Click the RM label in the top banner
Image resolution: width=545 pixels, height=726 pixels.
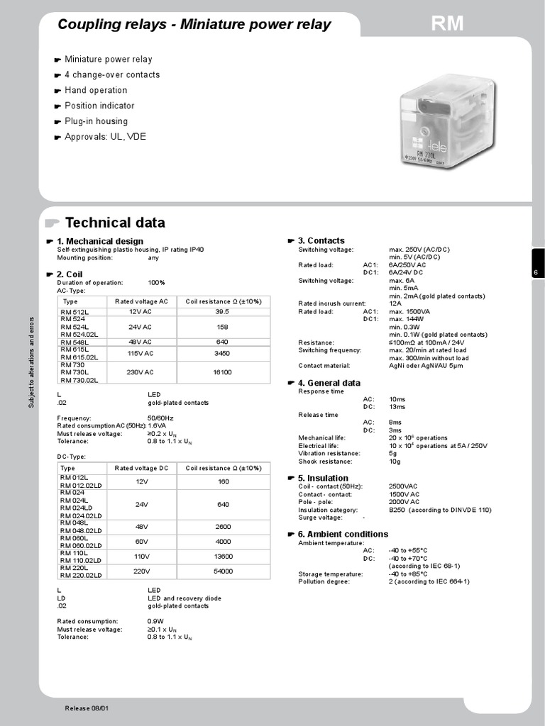point(447,25)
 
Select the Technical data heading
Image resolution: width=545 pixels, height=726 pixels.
point(115,222)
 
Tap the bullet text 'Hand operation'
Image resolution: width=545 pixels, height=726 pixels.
point(96,90)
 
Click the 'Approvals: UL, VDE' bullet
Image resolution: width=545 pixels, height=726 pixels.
point(105,137)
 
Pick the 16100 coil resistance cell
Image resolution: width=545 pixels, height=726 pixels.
point(222,372)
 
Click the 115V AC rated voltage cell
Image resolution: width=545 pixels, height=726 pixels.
point(141,352)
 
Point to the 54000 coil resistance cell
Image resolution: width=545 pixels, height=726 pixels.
point(224,571)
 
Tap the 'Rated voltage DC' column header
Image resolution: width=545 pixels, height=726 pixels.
point(142,468)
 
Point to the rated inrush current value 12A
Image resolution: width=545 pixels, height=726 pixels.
point(395,303)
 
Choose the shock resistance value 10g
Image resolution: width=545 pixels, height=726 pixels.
point(394,461)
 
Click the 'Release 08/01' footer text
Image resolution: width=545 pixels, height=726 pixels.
point(87,708)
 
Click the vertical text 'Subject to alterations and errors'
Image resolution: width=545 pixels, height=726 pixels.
point(31,362)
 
